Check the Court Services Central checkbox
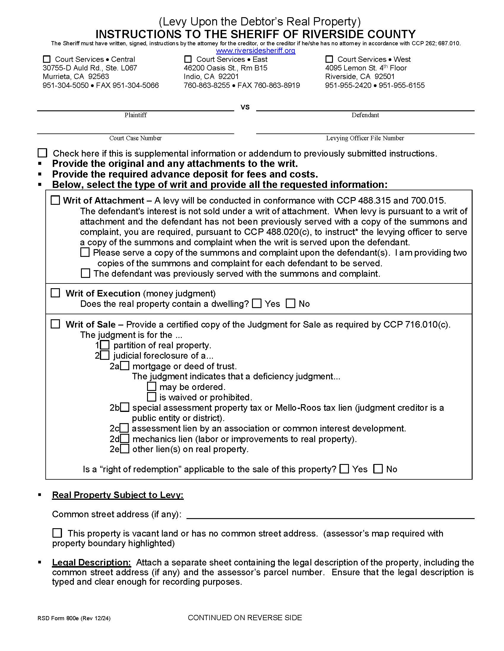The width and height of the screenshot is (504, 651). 47,59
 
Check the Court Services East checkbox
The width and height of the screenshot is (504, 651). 188,59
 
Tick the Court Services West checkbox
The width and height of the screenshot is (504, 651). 329,59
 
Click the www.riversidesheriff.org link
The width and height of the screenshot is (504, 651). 256,51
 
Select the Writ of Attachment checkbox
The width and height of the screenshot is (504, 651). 55,200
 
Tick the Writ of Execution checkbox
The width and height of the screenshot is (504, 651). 55,293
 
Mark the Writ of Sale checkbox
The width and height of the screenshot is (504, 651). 55,324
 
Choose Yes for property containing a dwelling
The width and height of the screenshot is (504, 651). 257,304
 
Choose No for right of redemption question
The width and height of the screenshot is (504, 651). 378,469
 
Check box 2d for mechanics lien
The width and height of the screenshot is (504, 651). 125,439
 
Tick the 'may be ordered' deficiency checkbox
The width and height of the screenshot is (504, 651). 152,387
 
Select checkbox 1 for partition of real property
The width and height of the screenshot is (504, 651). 105,345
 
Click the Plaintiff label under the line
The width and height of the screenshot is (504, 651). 135,115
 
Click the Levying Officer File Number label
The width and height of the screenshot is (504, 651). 365,138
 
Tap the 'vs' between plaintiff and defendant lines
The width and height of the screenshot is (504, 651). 245,107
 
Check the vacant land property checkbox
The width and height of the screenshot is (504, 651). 57,533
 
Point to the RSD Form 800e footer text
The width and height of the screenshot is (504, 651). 74,618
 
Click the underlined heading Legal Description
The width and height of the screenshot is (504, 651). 91,563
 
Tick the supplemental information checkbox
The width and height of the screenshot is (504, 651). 43,153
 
